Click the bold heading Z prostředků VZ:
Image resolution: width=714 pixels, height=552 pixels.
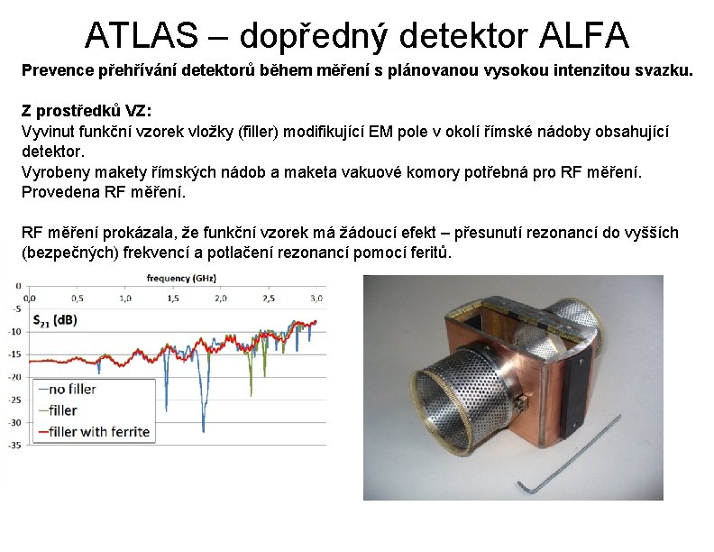point(87,110)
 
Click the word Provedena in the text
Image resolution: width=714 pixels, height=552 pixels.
point(58,192)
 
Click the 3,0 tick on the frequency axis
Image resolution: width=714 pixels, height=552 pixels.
point(316,297)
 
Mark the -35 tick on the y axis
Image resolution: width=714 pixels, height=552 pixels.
point(15,445)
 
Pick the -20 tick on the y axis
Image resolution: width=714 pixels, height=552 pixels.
point(15,377)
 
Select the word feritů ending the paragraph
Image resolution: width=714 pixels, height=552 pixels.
point(428,252)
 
